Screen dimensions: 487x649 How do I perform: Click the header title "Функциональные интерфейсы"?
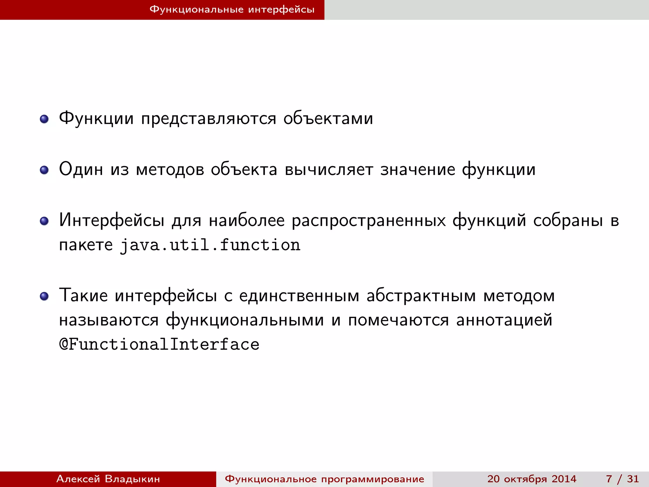coord(232,10)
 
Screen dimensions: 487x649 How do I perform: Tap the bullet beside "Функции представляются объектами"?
coord(44,119)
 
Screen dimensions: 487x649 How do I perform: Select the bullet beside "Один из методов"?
coord(44,170)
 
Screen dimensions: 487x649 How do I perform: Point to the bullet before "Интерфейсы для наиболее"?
coord(44,221)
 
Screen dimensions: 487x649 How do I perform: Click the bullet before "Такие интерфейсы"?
coord(44,296)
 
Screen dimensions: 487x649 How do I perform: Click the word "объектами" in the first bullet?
coord(328,119)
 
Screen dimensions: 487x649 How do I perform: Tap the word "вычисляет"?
coord(329,170)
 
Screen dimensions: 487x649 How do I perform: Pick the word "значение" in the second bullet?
coord(418,170)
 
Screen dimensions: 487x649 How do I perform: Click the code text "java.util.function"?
coord(210,245)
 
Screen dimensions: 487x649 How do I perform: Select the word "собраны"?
coord(568,220)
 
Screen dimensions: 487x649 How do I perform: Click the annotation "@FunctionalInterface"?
coord(159,345)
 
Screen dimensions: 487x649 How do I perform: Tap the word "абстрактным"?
coord(421,296)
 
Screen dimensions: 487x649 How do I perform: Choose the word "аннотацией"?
coord(504,320)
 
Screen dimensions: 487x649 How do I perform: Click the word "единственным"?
coord(299,296)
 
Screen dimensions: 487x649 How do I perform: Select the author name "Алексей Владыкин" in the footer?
coord(108,479)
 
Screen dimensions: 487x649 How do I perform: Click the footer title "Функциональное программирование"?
coord(324,479)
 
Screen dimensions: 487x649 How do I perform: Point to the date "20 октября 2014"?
coord(532,479)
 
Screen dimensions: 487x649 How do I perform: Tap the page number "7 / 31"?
coord(622,479)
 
